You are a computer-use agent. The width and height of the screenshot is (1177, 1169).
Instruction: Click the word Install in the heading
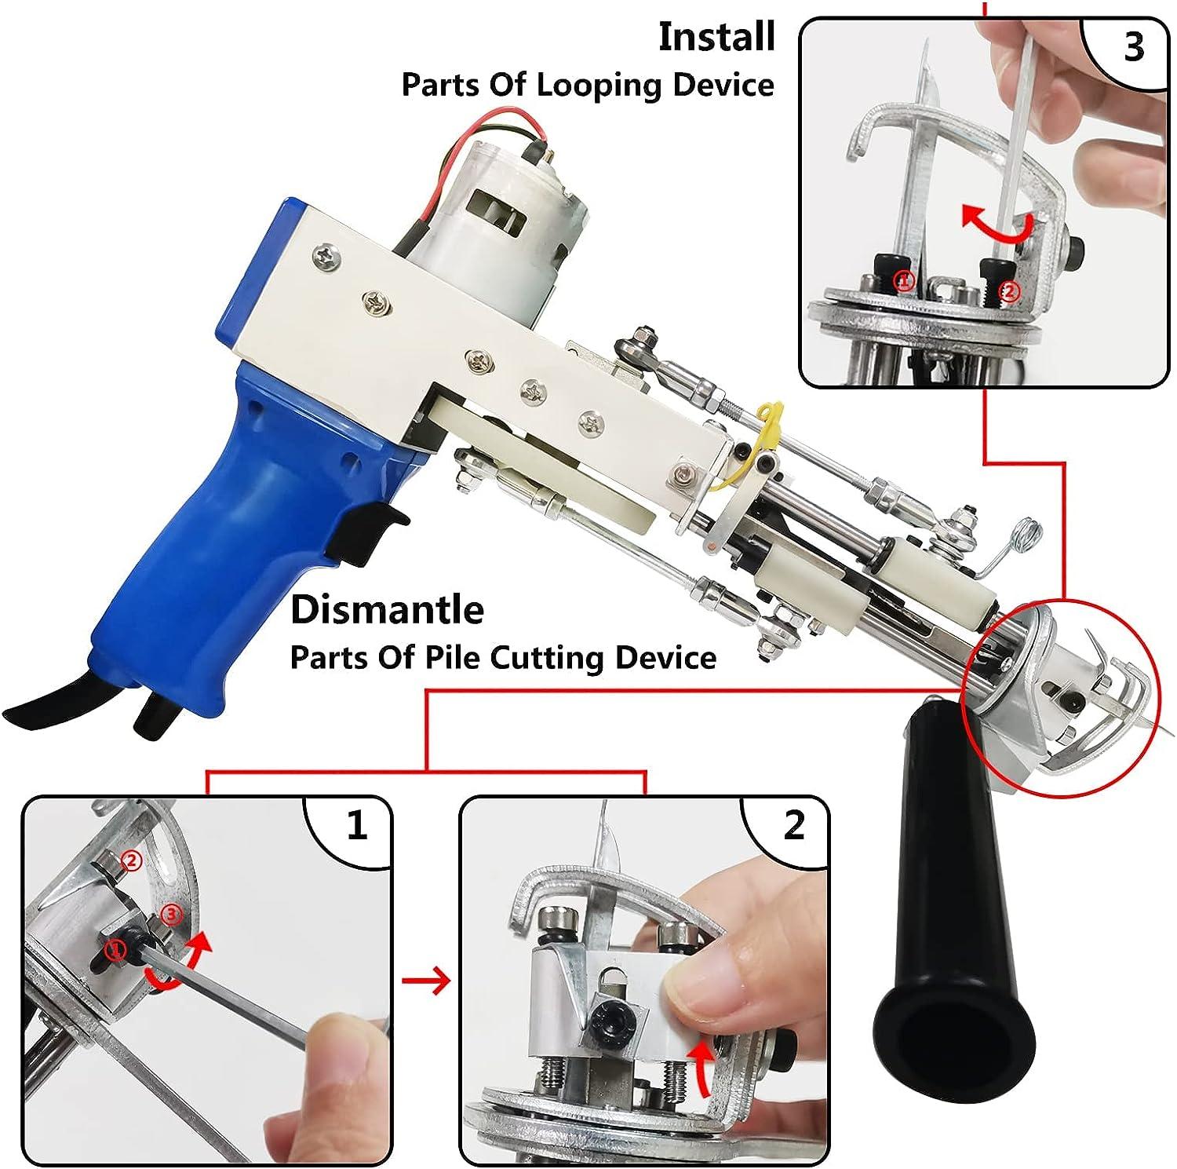point(716,38)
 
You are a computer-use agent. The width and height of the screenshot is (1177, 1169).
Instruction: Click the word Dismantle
point(387,610)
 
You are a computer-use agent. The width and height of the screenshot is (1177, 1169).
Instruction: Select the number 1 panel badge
point(356,827)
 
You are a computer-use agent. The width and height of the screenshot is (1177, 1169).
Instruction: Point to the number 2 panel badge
point(793,826)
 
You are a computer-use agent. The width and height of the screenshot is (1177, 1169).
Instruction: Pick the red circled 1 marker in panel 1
point(116,951)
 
